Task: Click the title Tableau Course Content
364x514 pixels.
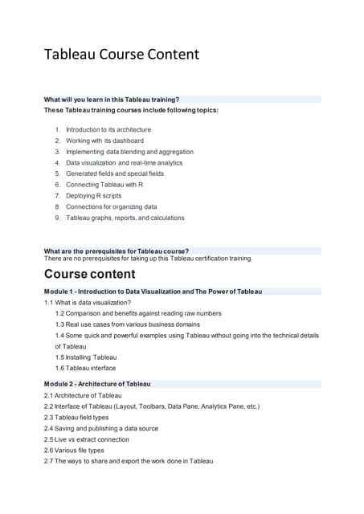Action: pyautogui.click(x=121, y=55)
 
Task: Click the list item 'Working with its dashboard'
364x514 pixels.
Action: pyautogui.click(x=104, y=141)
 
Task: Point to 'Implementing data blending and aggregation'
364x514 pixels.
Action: pyautogui.click(x=129, y=151)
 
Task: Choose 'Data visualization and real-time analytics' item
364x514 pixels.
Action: pyautogui.click(x=124, y=162)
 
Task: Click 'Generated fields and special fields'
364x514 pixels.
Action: pyautogui.click(x=114, y=173)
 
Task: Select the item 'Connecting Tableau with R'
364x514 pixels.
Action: pyautogui.click(x=104, y=184)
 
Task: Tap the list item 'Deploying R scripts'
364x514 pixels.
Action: pyautogui.click(x=95, y=195)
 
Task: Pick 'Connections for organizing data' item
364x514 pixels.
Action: pyautogui.click(x=111, y=206)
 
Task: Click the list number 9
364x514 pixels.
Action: pyautogui.click(x=58, y=218)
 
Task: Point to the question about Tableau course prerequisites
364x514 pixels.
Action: pyautogui.click(x=117, y=251)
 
